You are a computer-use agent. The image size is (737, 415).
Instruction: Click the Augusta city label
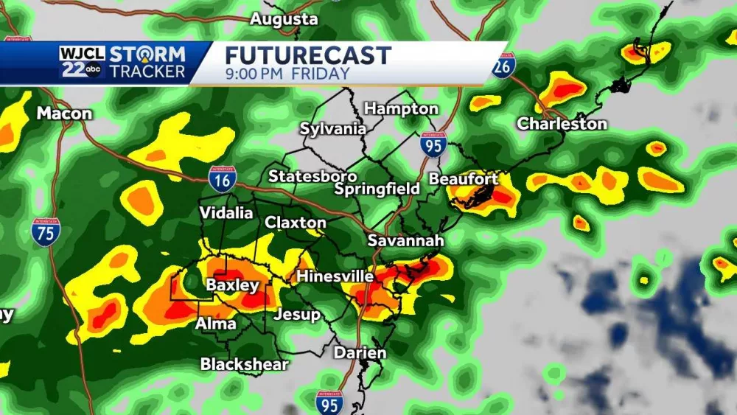(x=284, y=19)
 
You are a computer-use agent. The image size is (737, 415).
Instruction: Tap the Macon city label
(x=64, y=114)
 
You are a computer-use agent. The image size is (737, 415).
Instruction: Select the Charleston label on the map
(x=562, y=124)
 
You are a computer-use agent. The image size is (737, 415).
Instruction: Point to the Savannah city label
(x=406, y=241)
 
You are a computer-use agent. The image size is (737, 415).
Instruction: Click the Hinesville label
(x=335, y=276)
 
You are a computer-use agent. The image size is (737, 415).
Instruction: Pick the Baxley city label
(x=232, y=285)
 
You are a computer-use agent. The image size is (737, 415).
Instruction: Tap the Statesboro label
(x=312, y=176)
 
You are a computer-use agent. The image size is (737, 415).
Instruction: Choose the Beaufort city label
(x=463, y=179)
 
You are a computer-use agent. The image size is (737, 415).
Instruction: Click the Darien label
(x=360, y=353)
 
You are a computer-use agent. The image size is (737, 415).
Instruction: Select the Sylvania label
(x=332, y=129)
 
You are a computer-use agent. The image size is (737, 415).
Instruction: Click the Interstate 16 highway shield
(x=221, y=179)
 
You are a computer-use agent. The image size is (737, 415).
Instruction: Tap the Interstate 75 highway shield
(x=46, y=232)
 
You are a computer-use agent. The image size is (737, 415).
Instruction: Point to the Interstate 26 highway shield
(x=503, y=66)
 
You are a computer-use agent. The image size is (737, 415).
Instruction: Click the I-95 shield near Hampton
(x=433, y=145)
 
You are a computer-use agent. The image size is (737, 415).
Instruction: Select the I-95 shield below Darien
(x=329, y=402)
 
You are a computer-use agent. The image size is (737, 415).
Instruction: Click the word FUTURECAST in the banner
(x=307, y=55)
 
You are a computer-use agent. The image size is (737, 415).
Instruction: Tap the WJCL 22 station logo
(x=82, y=63)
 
